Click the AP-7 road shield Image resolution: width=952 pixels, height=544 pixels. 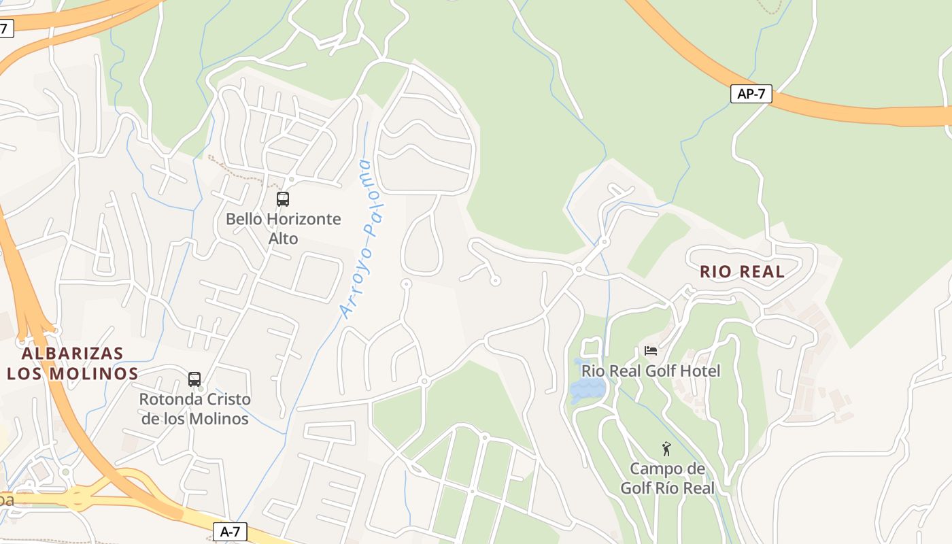(x=751, y=94)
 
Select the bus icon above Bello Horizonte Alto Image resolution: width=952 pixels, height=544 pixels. (x=282, y=199)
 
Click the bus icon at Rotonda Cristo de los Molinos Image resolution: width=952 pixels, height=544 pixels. (x=194, y=379)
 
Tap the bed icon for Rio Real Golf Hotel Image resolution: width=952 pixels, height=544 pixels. (x=651, y=351)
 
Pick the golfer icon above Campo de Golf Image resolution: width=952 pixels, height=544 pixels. (x=666, y=449)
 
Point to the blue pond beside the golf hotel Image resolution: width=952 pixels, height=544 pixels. (x=588, y=390)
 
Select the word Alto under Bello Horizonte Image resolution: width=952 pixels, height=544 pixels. (x=283, y=239)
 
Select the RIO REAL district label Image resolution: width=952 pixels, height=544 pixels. (x=742, y=272)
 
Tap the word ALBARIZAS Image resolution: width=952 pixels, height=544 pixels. (x=73, y=354)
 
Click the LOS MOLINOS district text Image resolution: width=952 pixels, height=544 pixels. (x=73, y=374)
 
